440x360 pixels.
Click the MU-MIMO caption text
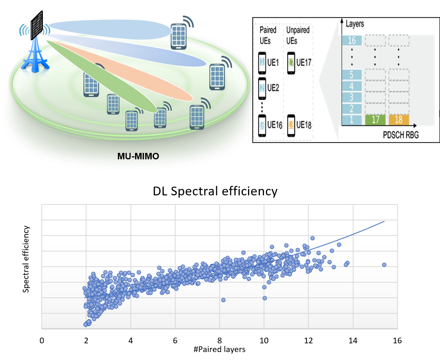coord(138,157)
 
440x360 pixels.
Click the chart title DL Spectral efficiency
coord(215,191)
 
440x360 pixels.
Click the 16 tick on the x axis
coord(397,340)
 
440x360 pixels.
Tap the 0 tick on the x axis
coord(42,340)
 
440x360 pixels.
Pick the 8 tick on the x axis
coord(220,340)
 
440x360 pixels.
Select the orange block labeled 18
coord(399,120)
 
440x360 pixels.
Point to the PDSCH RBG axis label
coord(393,135)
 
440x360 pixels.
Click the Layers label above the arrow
coord(355,24)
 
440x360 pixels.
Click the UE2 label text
coord(273,88)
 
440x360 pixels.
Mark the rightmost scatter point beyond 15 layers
coord(384,264)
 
